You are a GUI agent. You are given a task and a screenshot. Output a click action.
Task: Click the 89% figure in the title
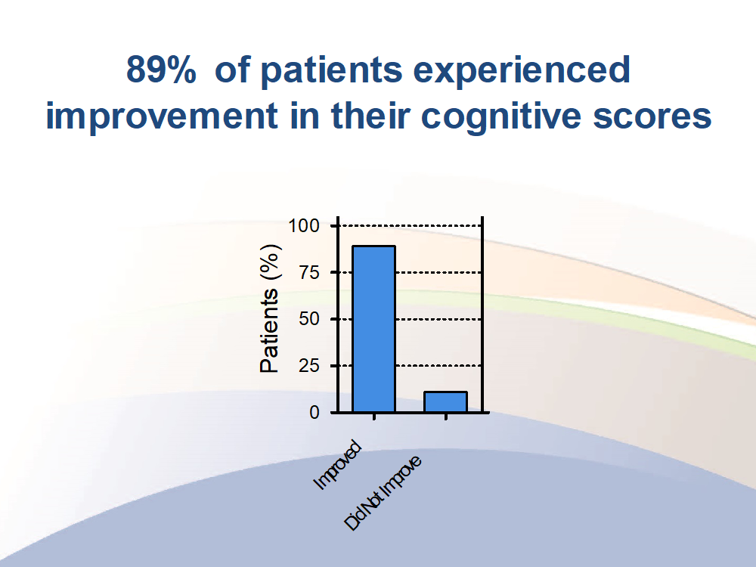162,70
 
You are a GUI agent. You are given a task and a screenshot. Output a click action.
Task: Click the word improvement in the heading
162,116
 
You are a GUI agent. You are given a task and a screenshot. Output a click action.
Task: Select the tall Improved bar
373,329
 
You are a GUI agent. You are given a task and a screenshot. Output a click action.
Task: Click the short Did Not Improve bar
445,402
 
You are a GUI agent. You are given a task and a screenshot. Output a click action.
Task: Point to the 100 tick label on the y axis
304,225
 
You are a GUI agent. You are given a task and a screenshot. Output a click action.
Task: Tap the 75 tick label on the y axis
309,273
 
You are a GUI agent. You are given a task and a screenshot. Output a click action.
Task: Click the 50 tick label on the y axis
309,319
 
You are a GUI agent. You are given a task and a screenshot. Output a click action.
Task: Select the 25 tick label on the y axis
309,366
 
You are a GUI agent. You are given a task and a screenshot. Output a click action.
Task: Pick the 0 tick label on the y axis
314,413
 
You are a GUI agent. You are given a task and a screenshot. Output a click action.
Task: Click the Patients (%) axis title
270,308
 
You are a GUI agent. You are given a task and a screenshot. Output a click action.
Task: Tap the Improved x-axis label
337,465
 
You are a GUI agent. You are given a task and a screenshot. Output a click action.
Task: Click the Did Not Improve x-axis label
383,493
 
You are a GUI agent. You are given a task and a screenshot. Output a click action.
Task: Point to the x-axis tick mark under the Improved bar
374,417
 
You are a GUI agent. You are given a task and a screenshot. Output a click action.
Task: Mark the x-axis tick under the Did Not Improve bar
446,417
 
